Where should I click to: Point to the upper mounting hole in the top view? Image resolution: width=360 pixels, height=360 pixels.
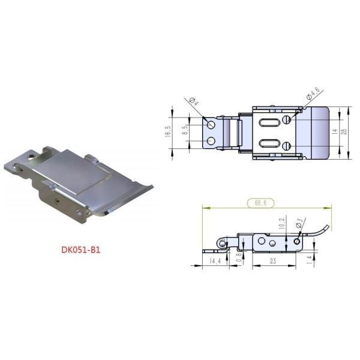click(211, 124)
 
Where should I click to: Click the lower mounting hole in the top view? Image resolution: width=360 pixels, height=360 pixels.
click(211, 142)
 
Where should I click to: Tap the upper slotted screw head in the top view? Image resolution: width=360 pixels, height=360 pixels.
click(287, 119)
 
